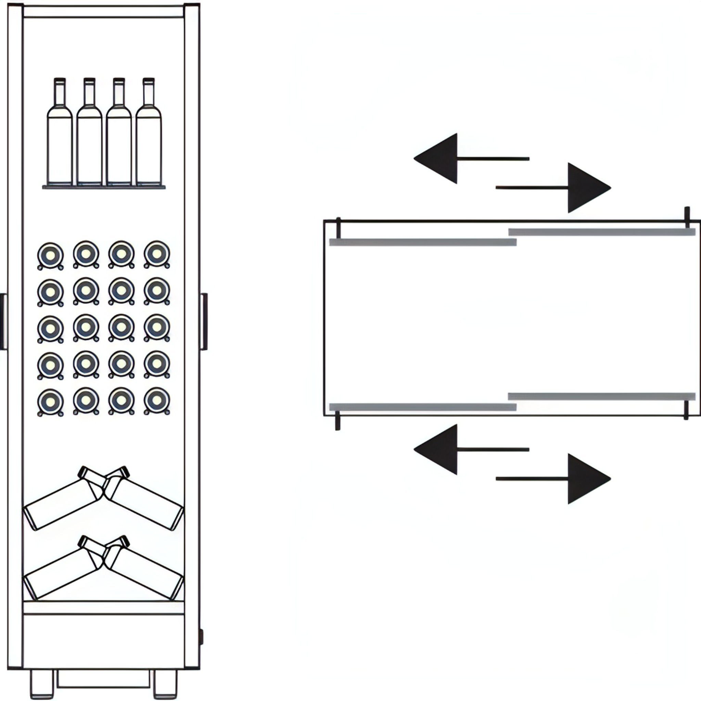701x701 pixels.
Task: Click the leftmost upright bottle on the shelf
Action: click(60, 145)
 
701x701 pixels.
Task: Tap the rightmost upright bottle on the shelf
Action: click(149, 145)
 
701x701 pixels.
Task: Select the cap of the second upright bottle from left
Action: click(89, 80)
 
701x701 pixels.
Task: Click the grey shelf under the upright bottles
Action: click(104, 187)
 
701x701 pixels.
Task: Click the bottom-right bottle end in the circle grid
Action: click(157, 401)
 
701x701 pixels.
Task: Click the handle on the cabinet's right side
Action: click(205, 321)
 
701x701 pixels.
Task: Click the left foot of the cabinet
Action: click(42, 684)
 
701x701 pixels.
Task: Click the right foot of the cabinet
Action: click(165, 684)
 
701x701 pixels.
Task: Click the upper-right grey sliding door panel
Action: click(602, 232)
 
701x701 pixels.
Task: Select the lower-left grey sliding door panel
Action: click(423, 407)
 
